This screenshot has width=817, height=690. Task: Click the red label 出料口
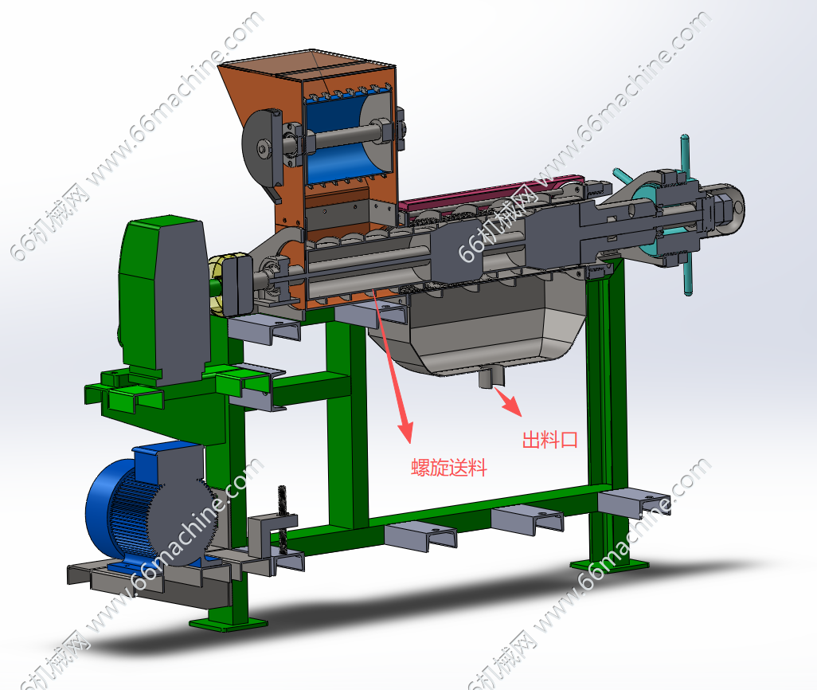(x=549, y=440)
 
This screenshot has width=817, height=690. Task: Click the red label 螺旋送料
(x=448, y=467)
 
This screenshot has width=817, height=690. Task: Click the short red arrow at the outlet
(x=509, y=401)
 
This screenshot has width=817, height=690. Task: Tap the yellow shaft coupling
(x=221, y=284)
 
